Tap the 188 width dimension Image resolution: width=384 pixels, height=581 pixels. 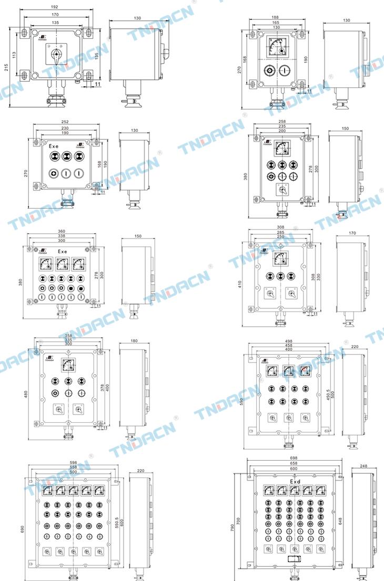(275, 17)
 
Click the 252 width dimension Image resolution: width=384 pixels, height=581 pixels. (65, 122)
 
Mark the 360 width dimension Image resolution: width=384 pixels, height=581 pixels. (62, 232)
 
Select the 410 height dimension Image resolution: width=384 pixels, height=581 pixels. (240, 284)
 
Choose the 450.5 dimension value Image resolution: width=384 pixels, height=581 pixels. (328, 393)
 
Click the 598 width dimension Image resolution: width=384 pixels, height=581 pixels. (73, 463)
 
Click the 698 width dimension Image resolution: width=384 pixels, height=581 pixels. (294, 459)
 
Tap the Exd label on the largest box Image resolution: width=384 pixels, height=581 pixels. (295, 481)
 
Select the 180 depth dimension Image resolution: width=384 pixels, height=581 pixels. (134, 341)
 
